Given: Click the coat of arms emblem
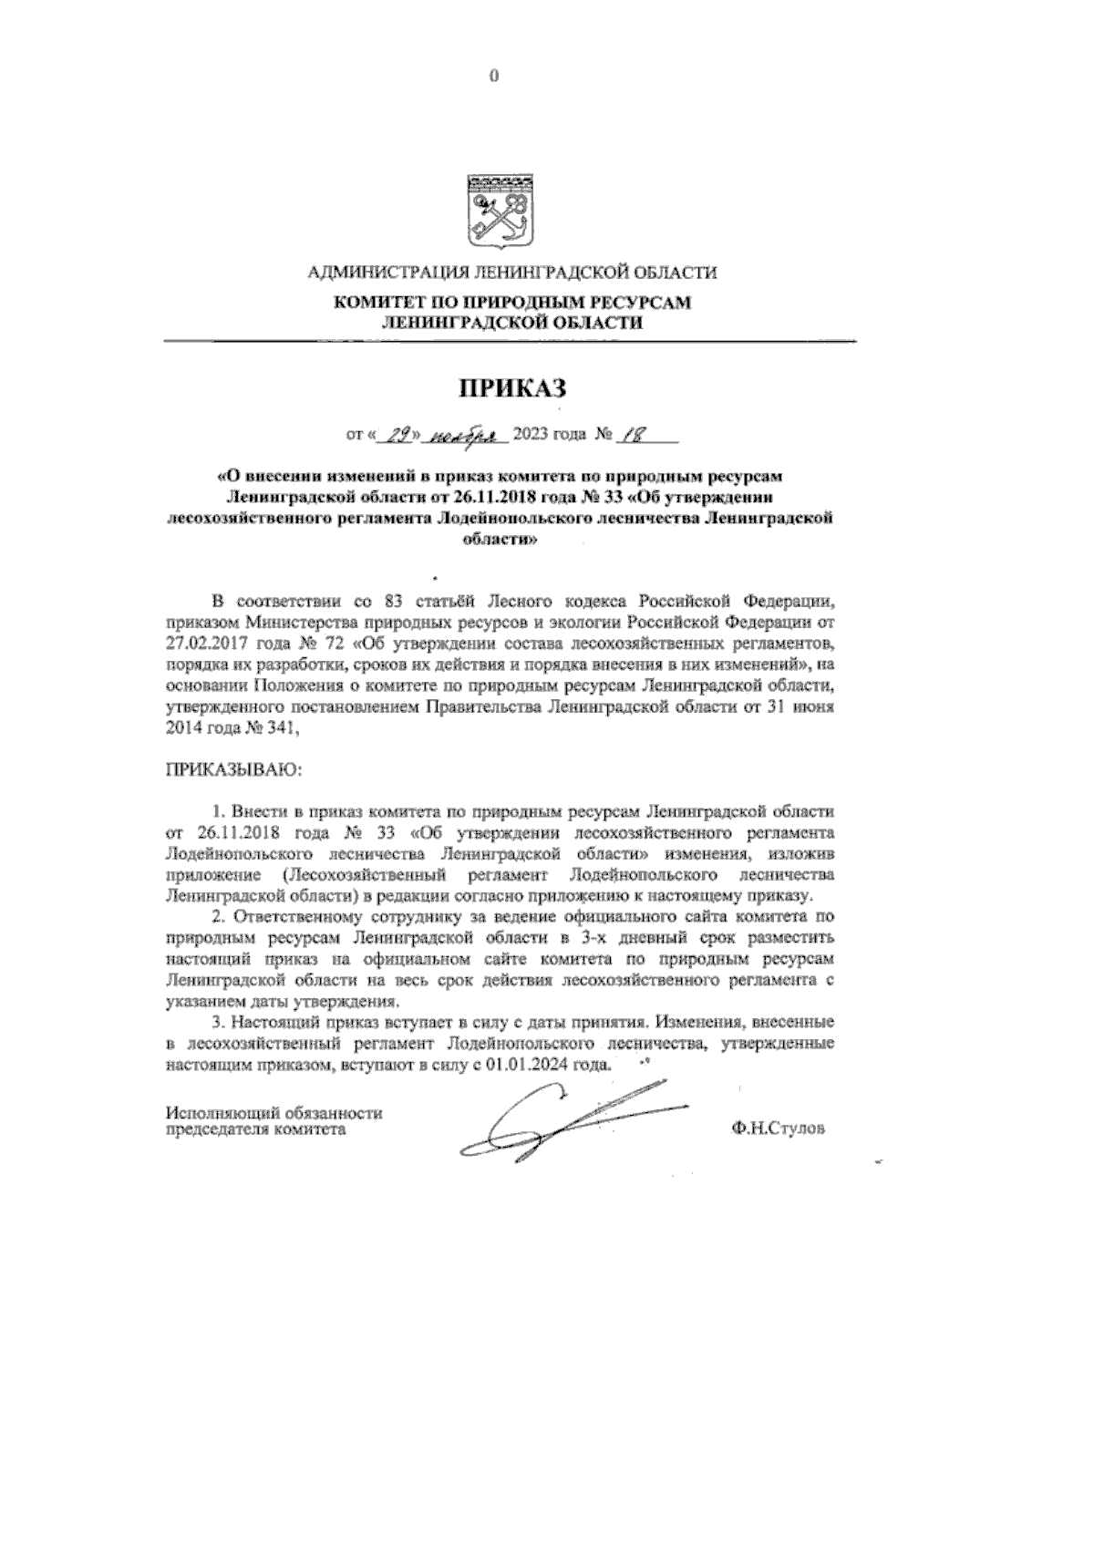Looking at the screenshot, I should [x=494, y=209].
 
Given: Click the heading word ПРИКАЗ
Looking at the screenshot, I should [x=511, y=388].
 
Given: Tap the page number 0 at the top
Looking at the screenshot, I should [x=494, y=77].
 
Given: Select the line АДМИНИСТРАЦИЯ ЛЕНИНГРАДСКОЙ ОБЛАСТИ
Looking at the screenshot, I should [x=511, y=272].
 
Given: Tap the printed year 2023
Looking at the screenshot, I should [x=532, y=435].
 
